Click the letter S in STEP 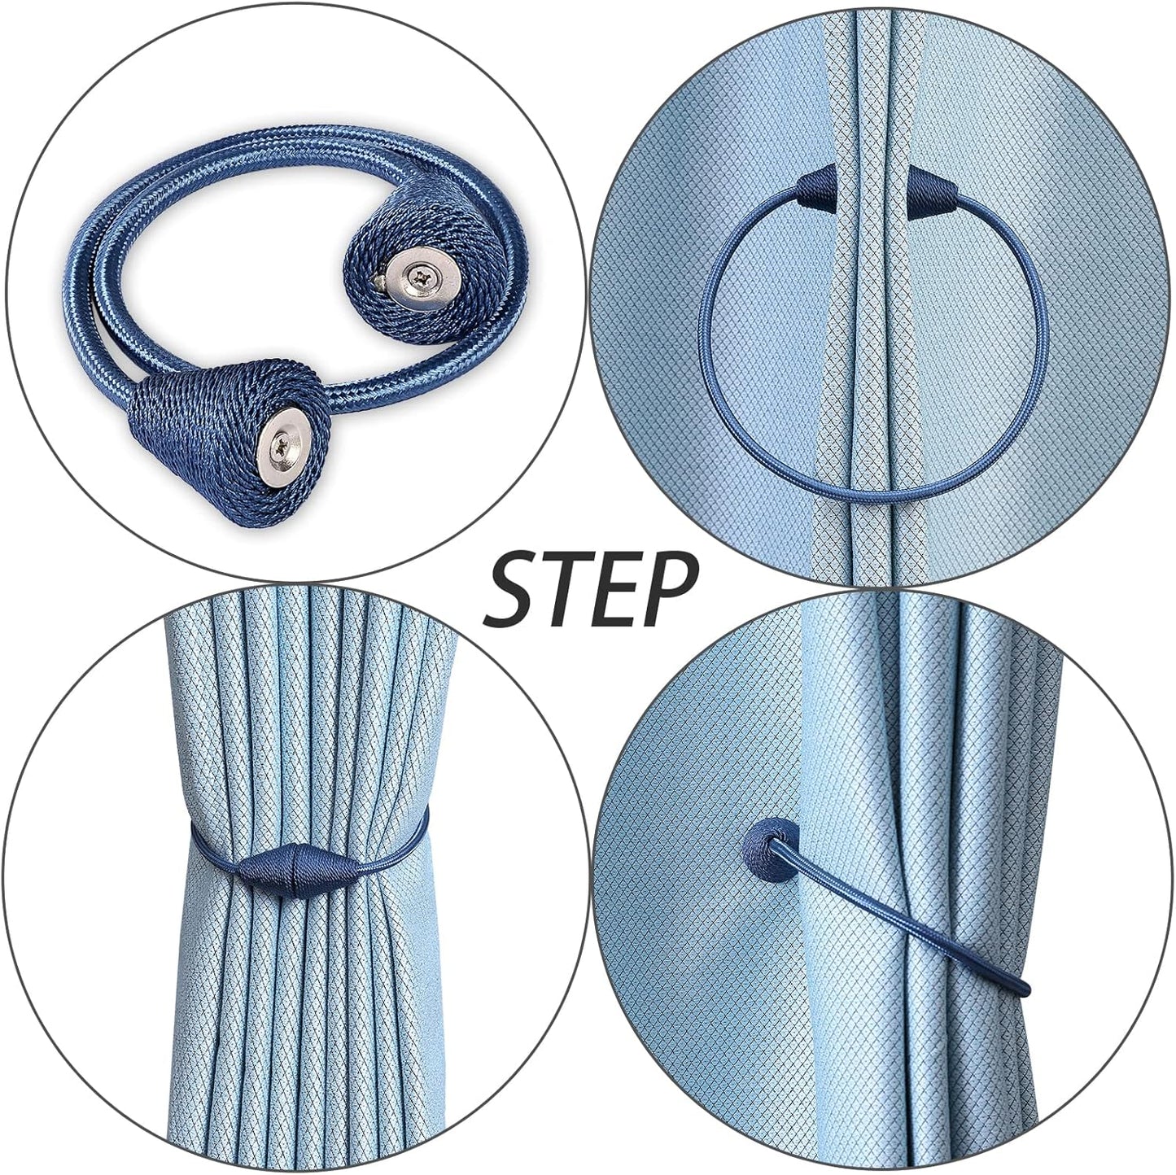pyautogui.click(x=514, y=587)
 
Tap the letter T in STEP pyautogui.click(x=568, y=587)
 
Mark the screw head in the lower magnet pyautogui.click(x=290, y=445)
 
